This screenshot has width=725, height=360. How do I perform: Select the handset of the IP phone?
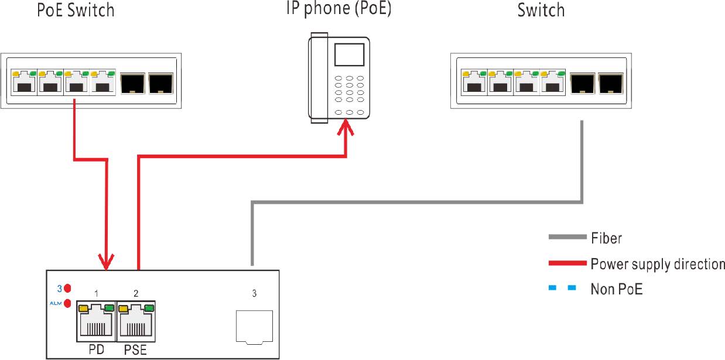[x=319, y=79]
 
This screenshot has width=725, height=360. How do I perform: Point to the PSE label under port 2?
[x=136, y=350]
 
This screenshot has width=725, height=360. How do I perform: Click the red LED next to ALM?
[x=67, y=303]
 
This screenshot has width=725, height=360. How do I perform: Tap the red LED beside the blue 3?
[x=67, y=288]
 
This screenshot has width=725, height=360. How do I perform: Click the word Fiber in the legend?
[x=606, y=238]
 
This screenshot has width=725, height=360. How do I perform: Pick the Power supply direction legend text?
[x=657, y=264]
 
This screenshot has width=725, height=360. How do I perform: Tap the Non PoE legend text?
[x=617, y=289]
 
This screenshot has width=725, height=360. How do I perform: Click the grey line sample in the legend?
[x=567, y=237]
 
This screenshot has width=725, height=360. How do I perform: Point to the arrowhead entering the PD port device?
[x=107, y=262]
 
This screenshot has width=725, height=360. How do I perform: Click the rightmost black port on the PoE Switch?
[x=160, y=84]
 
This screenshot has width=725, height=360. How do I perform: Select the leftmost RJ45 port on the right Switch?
[x=474, y=83]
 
